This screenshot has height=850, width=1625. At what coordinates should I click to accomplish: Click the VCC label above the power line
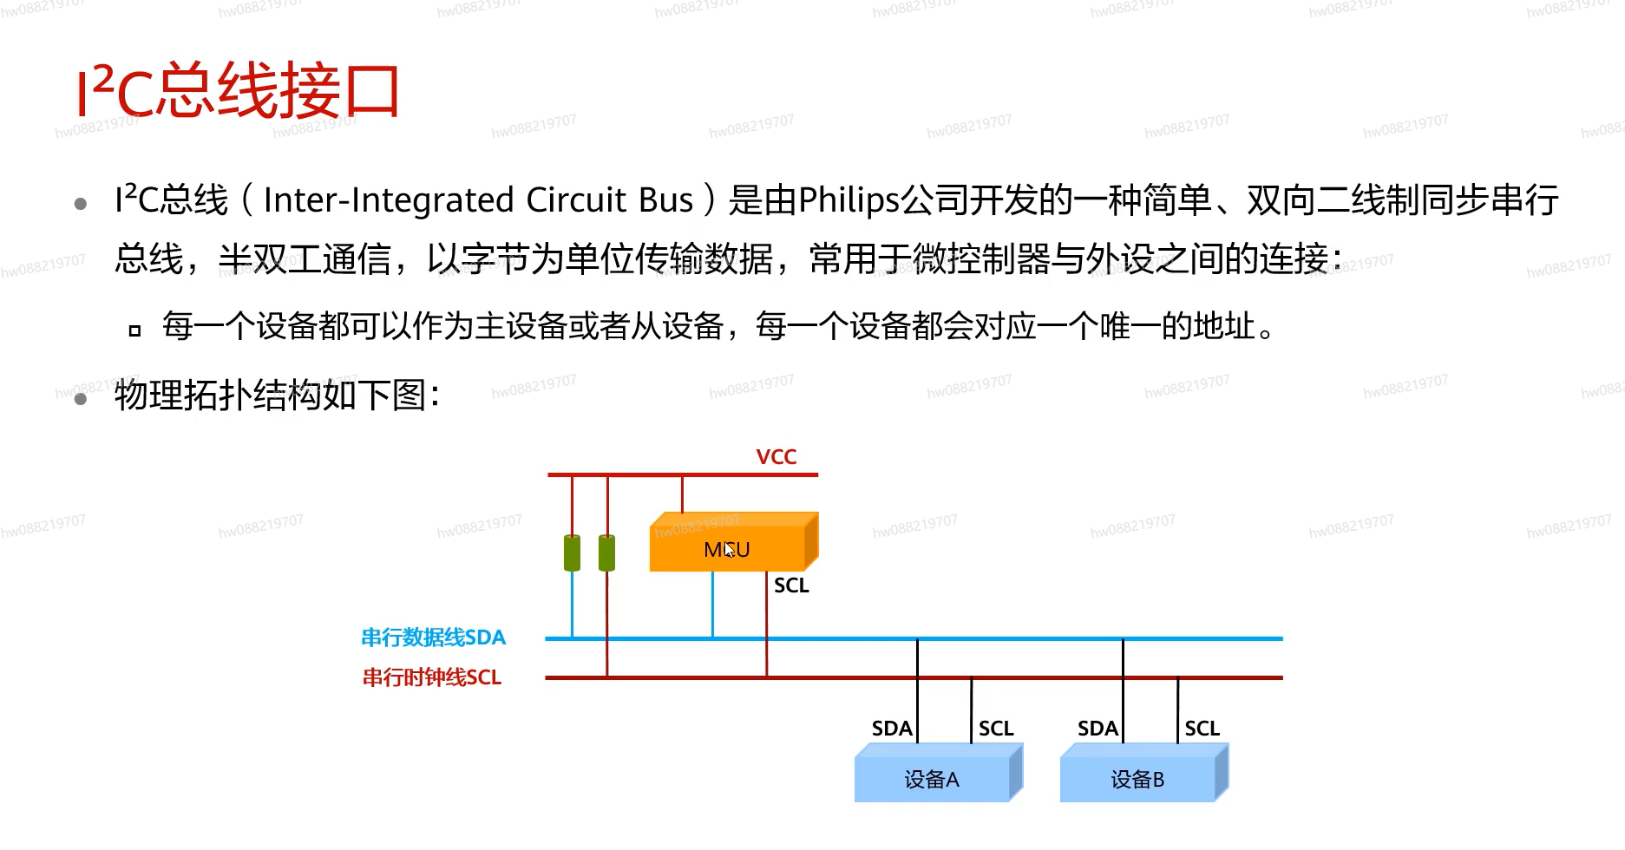pyautogui.click(x=776, y=457)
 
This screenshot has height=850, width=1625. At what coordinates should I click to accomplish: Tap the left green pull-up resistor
pyautogui.click(x=572, y=552)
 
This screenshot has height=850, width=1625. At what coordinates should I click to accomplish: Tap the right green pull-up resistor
pyautogui.click(x=607, y=552)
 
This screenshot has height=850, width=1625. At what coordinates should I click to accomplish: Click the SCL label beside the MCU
pyautogui.click(x=791, y=585)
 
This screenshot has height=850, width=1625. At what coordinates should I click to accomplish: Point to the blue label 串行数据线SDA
pyautogui.click(x=433, y=637)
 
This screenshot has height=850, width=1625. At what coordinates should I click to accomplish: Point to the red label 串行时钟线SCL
pyautogui.click(x=431, y=677)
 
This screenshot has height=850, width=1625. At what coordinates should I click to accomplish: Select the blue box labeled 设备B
pyautogui.click(x=1138, y=778)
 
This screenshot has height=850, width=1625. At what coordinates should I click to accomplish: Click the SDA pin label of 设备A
pyautogui.click(x=892, y=729)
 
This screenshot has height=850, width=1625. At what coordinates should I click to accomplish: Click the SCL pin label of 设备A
pyautogui.click(x=996, y=729)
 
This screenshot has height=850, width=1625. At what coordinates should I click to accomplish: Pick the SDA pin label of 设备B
pyautogui.click(x=1098, y=729)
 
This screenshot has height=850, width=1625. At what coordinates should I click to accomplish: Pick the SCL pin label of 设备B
pyautogui.click(x=1202, y=729)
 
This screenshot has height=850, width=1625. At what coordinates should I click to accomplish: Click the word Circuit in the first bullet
pyautogui.click(x=576, y=200)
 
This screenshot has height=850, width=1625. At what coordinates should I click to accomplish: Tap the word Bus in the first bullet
pyautogui.click(x=665, y=200)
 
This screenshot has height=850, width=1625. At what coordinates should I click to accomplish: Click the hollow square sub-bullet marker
pyautogui.click(x=134, y=330)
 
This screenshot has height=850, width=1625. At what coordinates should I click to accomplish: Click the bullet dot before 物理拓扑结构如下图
pyautogui.click(x=81, y=399)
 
